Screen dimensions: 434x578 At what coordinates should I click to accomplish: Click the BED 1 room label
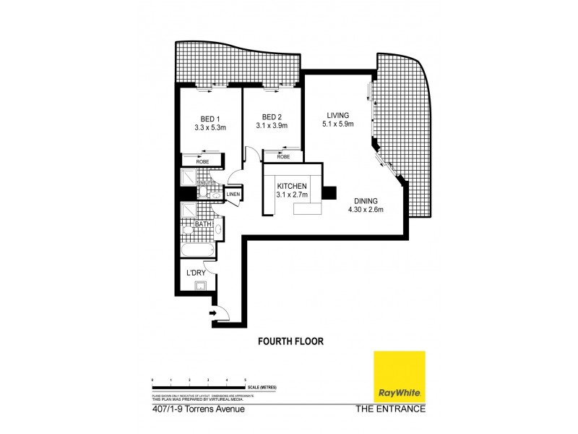click(210, 119)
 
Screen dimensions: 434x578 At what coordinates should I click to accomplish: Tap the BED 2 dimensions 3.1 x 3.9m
click(272, 127)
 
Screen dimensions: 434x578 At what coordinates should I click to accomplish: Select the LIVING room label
click(337, 115)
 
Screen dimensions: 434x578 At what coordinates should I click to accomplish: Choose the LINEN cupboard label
click(233, 194)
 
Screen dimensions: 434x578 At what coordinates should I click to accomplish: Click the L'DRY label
click(197, 273)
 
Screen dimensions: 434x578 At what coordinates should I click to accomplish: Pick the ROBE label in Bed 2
click(283, 156)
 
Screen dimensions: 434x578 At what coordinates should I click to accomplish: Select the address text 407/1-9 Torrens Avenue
click(198, 409)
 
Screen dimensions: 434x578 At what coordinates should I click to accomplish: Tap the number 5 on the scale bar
click(246, 380)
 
